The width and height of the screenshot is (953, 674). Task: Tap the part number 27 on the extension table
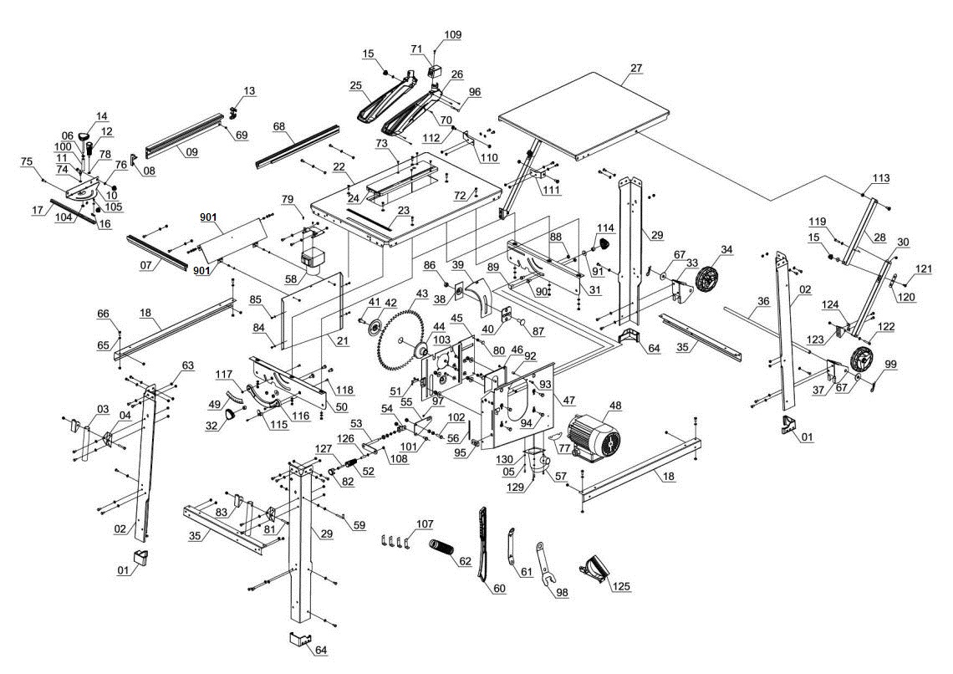click(636, 68)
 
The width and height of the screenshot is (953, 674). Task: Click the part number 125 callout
click(620, 585)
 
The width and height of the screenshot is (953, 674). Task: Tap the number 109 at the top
click(452, 35)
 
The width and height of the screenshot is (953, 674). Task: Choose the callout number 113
click(880, 178)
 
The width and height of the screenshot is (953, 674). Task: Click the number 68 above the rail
click(280, 126)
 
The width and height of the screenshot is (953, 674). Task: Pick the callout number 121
click(921, 268)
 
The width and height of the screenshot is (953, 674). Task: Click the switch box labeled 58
click(315, 261)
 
